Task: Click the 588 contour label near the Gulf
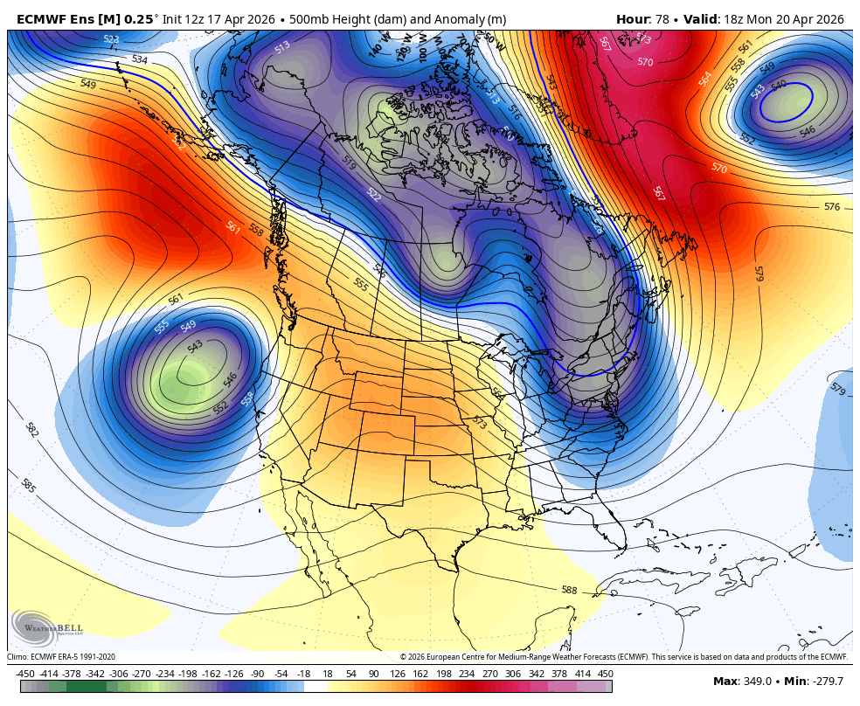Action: (x=569, y=591)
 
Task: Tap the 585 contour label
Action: (x=28, y=486)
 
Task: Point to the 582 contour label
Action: (x=31, y=429)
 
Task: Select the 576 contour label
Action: (x=832, y=207)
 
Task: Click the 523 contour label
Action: (x=111, y=39)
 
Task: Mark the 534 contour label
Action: (x=140, y=59)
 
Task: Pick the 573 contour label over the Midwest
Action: (x=479, y=422)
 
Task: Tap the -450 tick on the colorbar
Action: (x=25, y=674)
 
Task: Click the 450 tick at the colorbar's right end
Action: (x=605, y=674)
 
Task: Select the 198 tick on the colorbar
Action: (x=444, y=674)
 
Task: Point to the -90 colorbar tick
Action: (x=257, y=674)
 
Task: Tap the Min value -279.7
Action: (x=825, y=682)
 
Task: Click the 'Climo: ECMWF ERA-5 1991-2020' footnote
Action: (x=61, y=657)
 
